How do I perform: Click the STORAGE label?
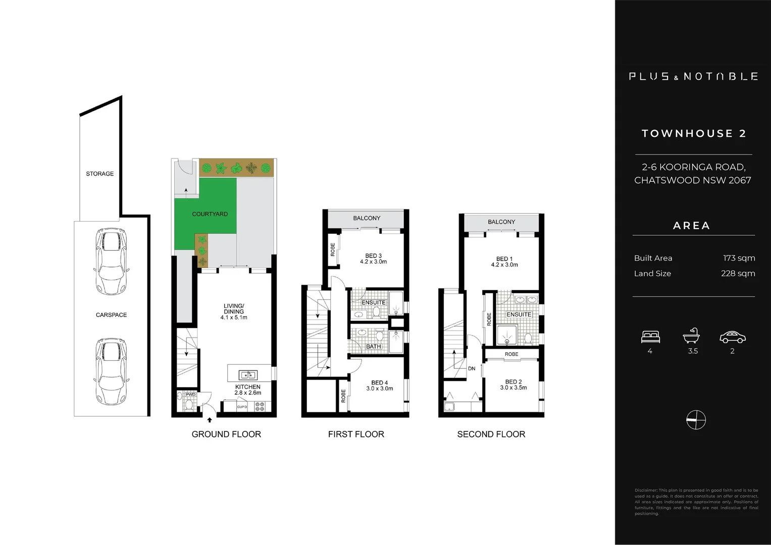[99, 174]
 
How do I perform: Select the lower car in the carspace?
[111, 370]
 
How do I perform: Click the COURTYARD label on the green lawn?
[210, 214]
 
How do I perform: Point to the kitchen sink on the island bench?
[247, 375]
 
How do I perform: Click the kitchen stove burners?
[260, 406]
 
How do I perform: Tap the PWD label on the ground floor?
[190, 395]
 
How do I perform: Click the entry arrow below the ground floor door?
[210, 420]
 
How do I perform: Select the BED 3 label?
[373, 256]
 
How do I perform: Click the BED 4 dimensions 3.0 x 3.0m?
[379, 389]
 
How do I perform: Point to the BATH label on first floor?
[373, 347]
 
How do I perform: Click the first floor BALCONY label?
[367, 218]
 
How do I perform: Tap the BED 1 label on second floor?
[504, 259]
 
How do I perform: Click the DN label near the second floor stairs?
[472, 368]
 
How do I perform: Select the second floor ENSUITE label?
[519, 314]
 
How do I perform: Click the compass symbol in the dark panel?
[696, 420]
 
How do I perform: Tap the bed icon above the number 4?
[650, 337]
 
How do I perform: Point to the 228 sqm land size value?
[738, 274]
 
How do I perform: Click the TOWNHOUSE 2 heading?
[694, 134]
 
